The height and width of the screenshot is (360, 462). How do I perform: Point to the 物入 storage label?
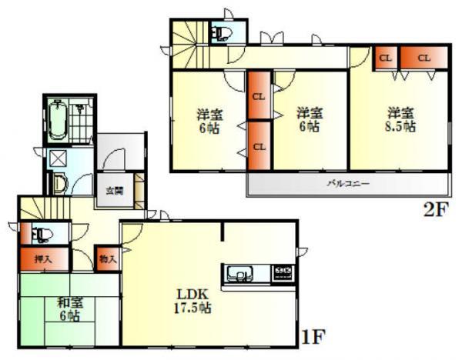[108, 258]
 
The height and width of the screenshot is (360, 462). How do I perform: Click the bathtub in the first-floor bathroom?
[58, 121]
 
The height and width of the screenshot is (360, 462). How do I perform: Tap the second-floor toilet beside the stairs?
[223, 33]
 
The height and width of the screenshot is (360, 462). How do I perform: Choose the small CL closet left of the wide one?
[385, 58]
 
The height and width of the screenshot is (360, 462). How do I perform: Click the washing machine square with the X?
[58, 159]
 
